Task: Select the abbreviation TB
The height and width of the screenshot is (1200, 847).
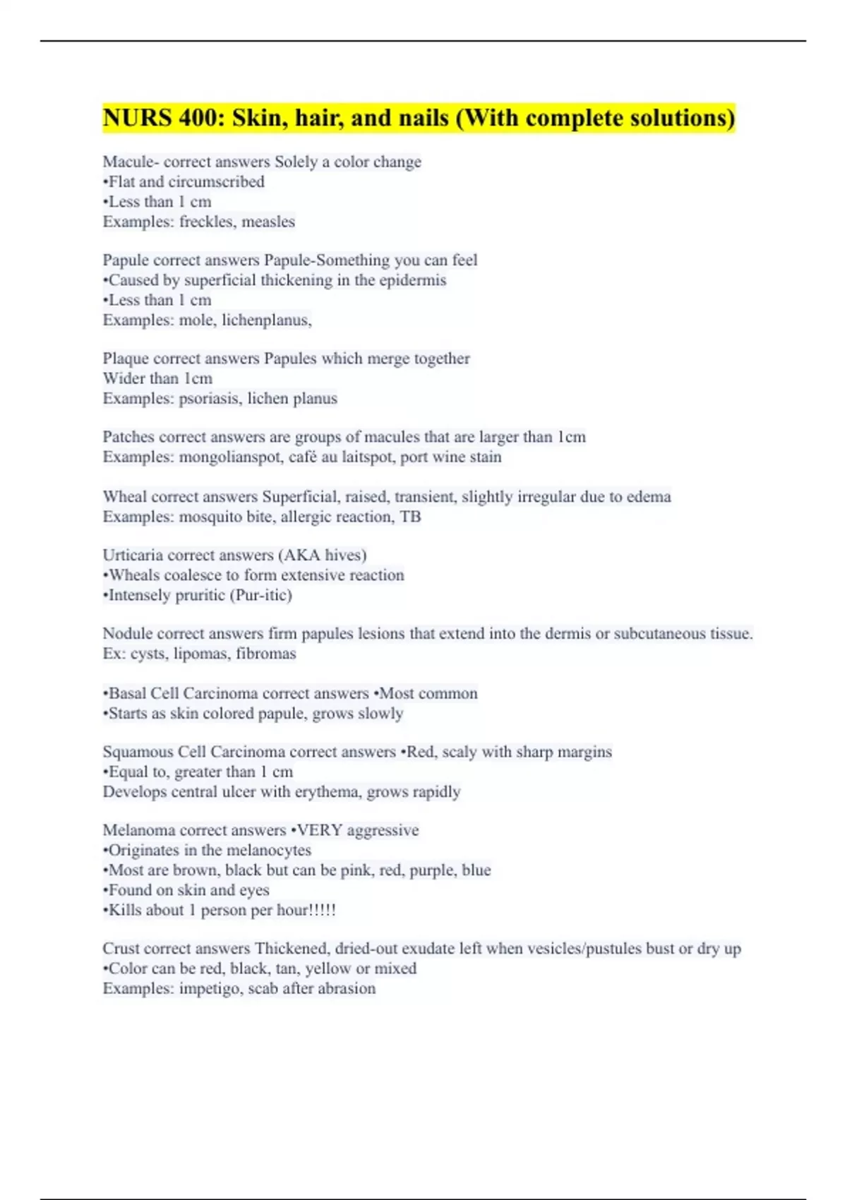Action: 410,517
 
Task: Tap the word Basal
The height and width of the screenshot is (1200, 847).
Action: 126,694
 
